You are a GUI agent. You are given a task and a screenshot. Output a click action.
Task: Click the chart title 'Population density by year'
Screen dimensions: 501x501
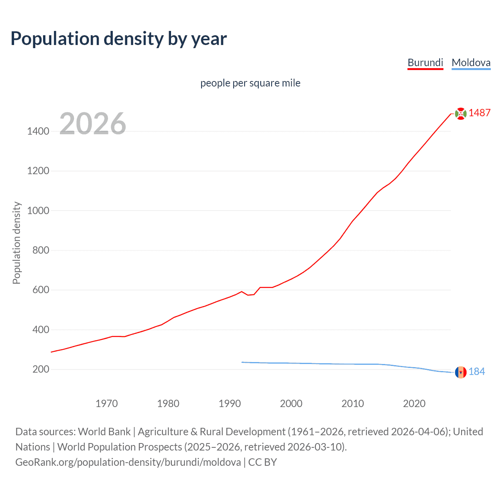click(x=119, y=39)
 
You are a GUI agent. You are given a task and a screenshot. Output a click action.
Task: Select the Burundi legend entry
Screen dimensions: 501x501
click(x=425, y=63)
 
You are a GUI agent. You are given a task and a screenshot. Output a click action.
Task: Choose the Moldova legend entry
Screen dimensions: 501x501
click(x=471, y=63)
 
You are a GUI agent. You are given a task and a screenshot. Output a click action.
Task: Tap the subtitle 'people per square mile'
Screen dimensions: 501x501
click(x=250, y=83)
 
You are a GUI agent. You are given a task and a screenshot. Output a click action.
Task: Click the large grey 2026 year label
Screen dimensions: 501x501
click(x=93, y=124)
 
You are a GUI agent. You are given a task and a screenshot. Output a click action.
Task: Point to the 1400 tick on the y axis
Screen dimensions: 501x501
click(x=38, y=131)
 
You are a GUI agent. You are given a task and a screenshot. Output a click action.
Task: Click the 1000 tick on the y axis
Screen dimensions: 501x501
click(x=38, y=211)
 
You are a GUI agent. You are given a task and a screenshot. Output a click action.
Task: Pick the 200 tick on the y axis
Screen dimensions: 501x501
click(x=41, y=369)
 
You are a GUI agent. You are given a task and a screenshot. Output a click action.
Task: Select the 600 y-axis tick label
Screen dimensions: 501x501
click(x=41, y=290)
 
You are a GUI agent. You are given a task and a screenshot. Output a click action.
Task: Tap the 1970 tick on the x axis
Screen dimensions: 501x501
click(x=106, y=404)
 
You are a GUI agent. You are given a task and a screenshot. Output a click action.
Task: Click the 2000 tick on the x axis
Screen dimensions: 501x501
click(x=291, y=404)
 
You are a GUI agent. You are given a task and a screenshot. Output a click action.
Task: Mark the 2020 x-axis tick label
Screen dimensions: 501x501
click(x=414, y=404)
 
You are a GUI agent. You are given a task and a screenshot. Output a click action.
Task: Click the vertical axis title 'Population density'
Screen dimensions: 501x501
click(x=16, y=243)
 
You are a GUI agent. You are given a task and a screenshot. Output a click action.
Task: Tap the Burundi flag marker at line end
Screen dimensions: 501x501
click(x=461, y=114)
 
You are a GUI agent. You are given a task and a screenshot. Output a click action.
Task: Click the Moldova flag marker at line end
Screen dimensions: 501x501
click(x=461, y=372)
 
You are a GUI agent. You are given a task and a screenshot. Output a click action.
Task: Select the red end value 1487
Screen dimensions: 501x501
click(x=479, y=113)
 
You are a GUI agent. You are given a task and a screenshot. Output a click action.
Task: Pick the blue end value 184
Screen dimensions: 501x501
click(x=477, y=371)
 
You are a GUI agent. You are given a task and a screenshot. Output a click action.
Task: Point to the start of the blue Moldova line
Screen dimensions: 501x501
click(x=242, y=362)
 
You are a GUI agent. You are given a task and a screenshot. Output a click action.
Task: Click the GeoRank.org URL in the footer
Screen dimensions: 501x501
click(x=128, y=462)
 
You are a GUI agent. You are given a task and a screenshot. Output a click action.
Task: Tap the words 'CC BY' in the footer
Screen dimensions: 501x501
click(x=263, y=462)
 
